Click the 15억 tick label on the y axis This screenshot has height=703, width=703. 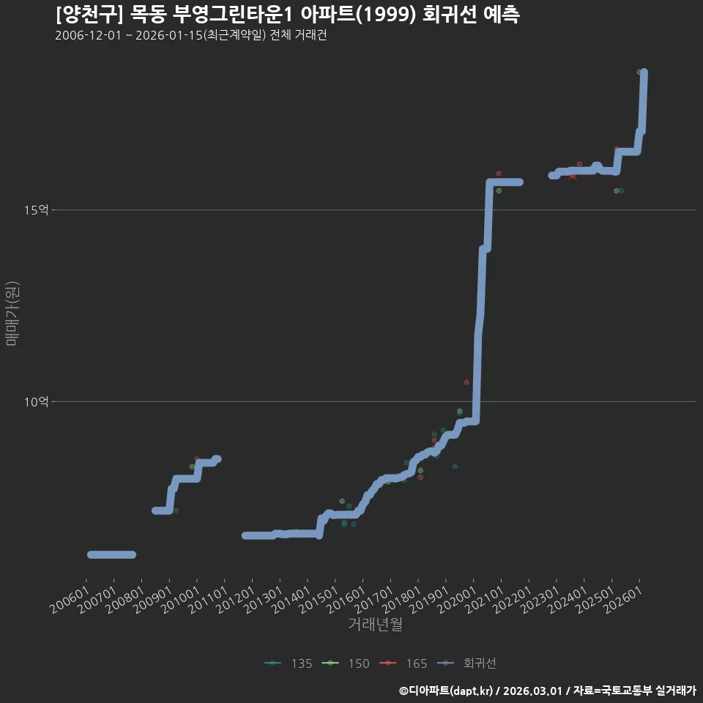tap(37, 210)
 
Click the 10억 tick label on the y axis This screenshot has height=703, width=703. tap(37, 402)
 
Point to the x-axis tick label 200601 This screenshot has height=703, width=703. tap(69, 599)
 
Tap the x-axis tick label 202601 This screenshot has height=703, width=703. tap(622, 599)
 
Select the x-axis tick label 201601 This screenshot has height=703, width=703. tap(346, 599)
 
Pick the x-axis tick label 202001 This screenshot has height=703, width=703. tap(457, 599)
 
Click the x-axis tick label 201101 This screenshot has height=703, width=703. tap(207, 599)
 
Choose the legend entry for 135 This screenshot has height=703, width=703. tap(289, 663)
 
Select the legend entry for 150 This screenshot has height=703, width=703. tap(346, 663)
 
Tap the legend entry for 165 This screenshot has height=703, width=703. tap(403, 663)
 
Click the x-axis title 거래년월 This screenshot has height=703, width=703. tap(375, 624)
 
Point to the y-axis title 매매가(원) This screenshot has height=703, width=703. tap(12, 313)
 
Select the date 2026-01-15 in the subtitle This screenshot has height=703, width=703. tap(169, 35)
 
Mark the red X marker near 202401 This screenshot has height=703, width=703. tap(573, 177)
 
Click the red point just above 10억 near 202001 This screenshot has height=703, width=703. tap(466, 382)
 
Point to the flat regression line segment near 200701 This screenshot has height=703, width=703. tap(111, 554)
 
